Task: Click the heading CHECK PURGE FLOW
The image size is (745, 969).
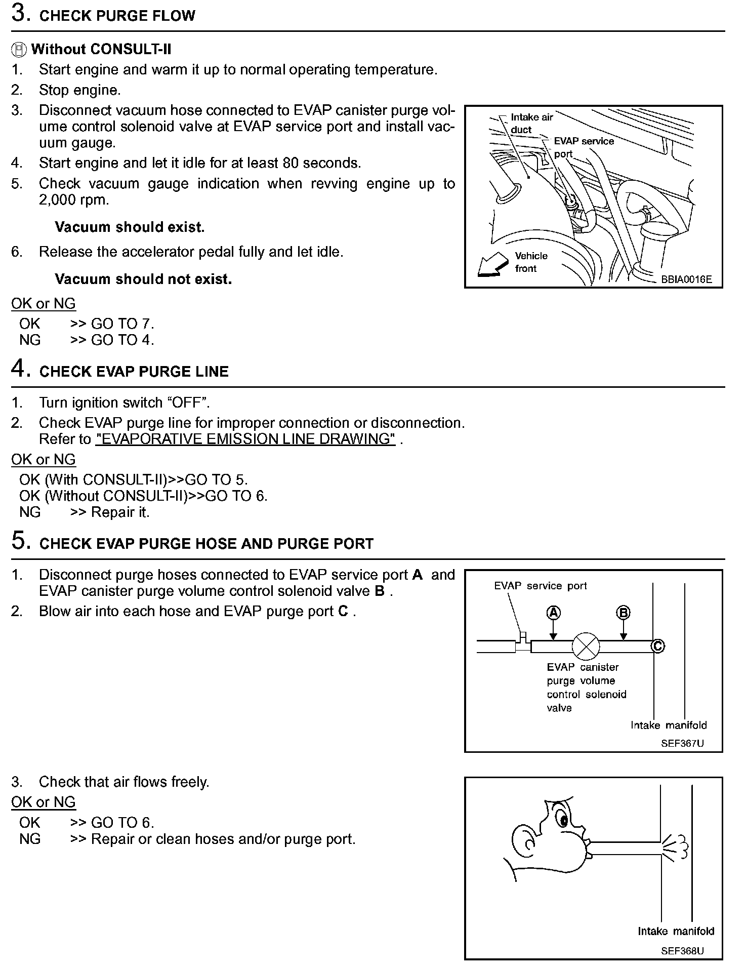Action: (117, 16)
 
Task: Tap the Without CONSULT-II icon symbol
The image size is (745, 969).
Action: (19, 50)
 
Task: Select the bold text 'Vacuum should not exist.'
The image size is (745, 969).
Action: (143, 279)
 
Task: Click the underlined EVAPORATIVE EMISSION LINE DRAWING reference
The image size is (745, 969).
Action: (245, 439)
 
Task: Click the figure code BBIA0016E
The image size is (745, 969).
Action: (686, 279)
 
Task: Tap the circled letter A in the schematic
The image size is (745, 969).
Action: (554, 613)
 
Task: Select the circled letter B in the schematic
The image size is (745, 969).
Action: (623, 613)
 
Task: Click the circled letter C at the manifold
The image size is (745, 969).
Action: (657, 647)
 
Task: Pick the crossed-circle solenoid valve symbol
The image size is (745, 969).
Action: (586, 647)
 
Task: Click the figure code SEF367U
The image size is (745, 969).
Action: (682, 744)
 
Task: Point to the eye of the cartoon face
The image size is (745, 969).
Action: (562, 817)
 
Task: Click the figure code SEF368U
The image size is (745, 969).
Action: (682, 951)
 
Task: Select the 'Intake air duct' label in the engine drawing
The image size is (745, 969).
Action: (531, 123)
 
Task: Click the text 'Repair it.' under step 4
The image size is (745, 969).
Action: (120, 512)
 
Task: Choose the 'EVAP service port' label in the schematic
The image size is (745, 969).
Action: (540, 586)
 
